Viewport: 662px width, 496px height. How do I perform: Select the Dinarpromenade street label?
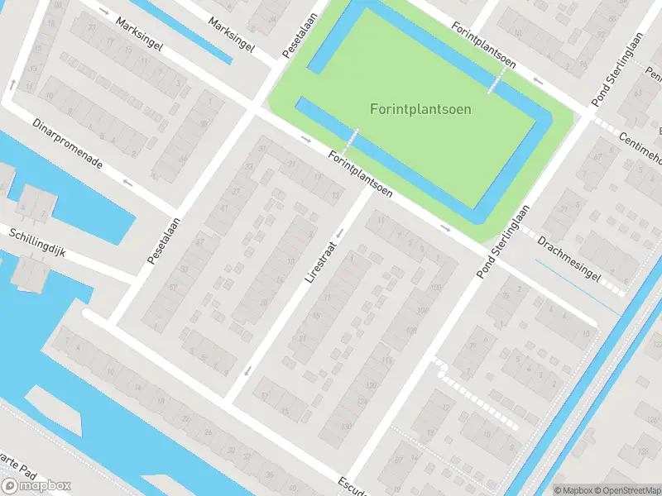[68, 142]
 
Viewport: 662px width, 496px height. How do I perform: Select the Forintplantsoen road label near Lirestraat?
[359, 173]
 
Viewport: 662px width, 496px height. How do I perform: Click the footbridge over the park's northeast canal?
[496, 81]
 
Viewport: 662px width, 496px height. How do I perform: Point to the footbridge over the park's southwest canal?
[353, 139]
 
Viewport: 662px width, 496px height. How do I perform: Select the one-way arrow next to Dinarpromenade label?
[127, 181]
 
